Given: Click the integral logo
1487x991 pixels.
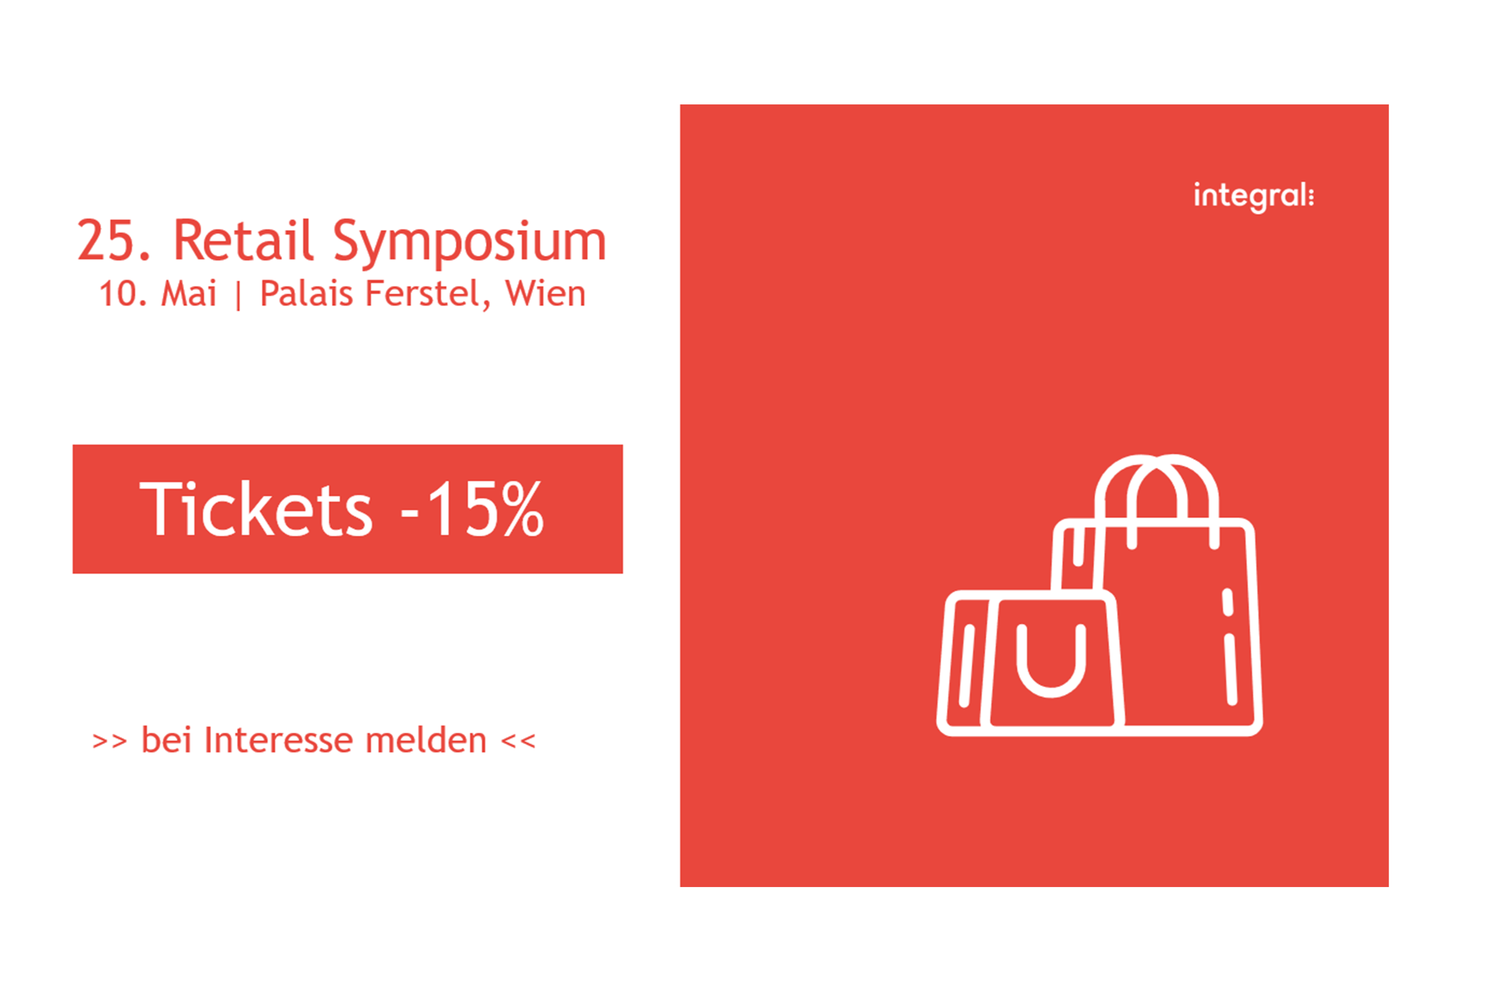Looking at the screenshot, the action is (x=1253, y=197).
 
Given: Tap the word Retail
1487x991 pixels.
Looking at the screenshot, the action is (x=243, y=240).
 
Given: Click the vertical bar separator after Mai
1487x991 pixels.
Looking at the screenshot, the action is (x=238, y=296).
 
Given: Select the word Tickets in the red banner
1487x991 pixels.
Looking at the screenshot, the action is (x=256, y=509).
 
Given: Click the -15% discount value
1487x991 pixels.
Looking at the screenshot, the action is (x=472, y=509).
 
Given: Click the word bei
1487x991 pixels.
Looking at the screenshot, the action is (x=166, y=740).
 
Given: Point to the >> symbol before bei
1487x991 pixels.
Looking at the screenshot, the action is (x=110, y=742).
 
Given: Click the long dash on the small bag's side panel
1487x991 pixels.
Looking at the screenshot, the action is (x=967, y=665).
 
